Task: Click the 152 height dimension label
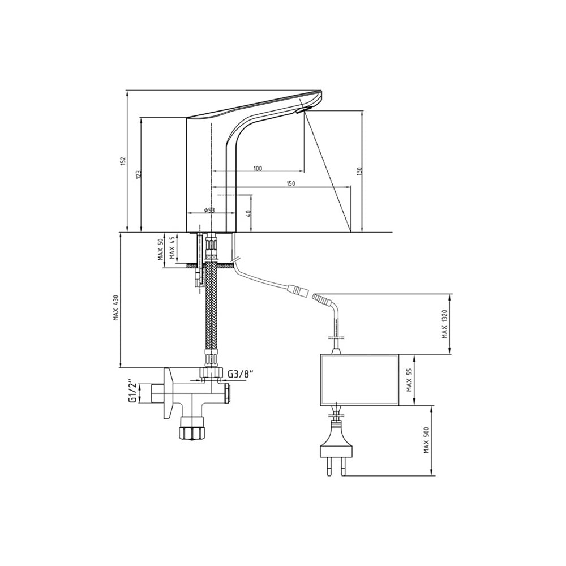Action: [x=123, y=161]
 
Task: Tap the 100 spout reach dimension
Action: [x=258, y=168]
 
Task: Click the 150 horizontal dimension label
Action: [x=290, y=183]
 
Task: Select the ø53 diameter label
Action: [x=209, y=210]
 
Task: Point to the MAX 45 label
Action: [x=172, y=248]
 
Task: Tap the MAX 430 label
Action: [x=116, y=308]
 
